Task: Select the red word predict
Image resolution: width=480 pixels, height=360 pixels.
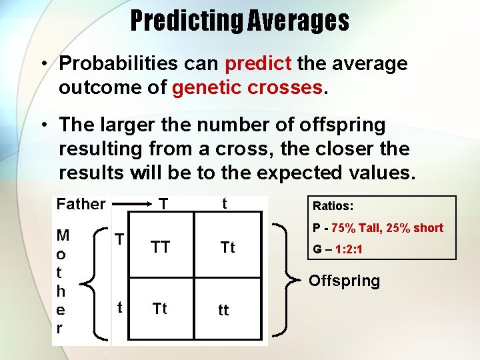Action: point(258,64)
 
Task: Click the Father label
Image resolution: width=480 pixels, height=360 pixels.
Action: point(81,204)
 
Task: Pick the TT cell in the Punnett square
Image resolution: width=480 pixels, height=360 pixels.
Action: point(160,248)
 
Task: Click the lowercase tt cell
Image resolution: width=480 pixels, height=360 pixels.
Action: point(223,311)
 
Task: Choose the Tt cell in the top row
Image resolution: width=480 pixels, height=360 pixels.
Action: point(227,248)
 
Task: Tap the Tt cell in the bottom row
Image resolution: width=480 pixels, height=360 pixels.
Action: point(160,309)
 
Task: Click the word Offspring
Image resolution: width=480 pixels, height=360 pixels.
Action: point(344,281)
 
